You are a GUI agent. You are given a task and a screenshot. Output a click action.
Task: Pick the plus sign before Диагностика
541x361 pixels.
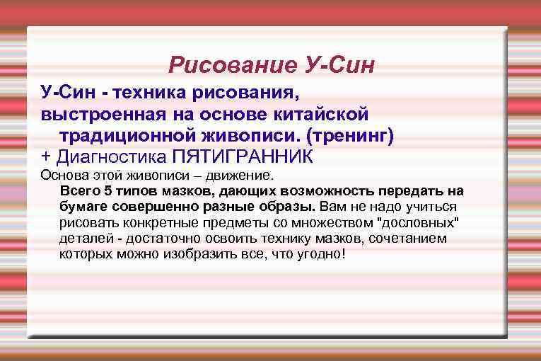(x=46, y=155)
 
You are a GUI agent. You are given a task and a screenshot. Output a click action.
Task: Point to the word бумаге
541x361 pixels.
(x=81, y=207)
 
